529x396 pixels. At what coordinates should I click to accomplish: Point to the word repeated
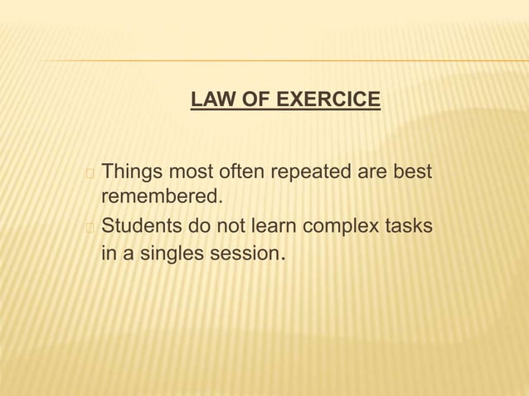[310, 172]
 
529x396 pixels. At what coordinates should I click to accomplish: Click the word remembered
[162, 197]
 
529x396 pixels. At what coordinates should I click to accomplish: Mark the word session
[240, 253]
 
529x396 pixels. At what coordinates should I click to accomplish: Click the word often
[240, 172]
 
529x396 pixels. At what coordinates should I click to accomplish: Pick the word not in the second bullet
[229, 225]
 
